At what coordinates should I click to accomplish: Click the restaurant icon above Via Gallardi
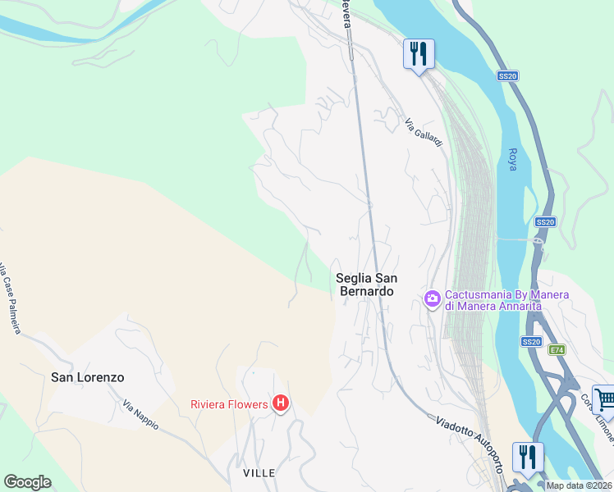click(x=419, y=55)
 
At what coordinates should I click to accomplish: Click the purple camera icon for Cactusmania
click(x=432, y=299)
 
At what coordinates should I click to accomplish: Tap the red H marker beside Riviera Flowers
click(x=281, y=403)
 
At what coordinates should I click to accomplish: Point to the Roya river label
click(x=514, y=153)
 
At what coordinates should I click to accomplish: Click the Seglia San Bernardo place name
click(x=364, y=285)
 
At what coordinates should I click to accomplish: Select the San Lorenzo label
click(x=88, y=377)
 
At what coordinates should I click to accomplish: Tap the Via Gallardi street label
click(x=424, y=132)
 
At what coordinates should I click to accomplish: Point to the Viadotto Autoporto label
click(x=469, y=444)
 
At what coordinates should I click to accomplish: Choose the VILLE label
click(x=259, y=473)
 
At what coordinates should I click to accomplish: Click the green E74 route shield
click(x=557, y=349)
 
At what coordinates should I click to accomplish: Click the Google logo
click(x=28, y=481)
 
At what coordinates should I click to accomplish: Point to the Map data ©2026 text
click(x=579, y=485)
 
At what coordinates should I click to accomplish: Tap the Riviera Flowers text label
click(x=229, y=403)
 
